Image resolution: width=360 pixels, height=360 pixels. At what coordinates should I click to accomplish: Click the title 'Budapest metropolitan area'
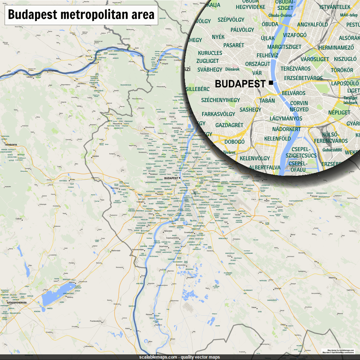81,15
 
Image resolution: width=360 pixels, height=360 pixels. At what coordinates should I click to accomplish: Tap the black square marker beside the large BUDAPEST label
270,83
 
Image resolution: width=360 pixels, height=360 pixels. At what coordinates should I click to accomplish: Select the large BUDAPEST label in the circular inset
240,84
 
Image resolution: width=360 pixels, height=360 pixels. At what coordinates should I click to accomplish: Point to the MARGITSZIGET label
284,47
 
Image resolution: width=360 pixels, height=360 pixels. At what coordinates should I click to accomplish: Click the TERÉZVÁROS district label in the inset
295,69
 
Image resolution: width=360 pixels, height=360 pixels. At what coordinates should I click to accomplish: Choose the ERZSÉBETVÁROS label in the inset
303,78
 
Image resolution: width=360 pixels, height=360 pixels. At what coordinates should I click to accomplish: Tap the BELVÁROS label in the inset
294,93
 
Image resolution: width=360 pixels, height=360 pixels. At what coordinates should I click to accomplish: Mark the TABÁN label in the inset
267,101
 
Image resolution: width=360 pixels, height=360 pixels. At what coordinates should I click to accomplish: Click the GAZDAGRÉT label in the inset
229,125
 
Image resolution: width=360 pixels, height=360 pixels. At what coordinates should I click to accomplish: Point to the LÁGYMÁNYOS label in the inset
286,118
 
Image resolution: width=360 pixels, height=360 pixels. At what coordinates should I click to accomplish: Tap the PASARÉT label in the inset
233,45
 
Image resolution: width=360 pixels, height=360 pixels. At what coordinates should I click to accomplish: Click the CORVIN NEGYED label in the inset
299,107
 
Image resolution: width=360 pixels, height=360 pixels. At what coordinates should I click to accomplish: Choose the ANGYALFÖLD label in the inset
312,25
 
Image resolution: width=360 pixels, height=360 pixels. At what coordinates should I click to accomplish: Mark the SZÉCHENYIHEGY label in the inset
220,100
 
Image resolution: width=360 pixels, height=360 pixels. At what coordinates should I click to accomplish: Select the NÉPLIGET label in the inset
339,112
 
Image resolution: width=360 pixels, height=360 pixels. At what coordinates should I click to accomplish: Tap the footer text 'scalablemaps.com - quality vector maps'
180,357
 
